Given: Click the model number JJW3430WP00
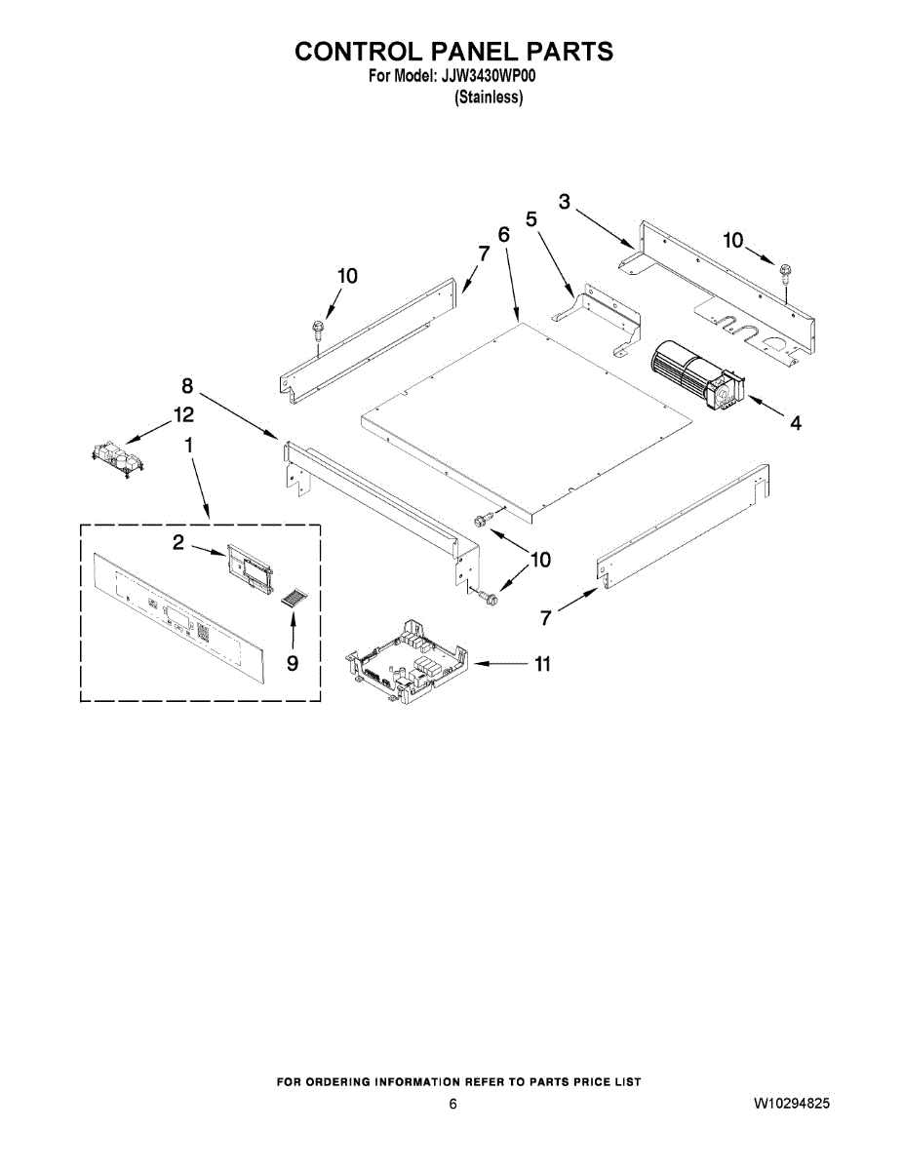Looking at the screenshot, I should [x=484, y=77].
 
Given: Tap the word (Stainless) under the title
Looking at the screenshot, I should [x=489, y=97].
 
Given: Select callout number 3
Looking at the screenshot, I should [x=566, y=201].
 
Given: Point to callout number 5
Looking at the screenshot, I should [x=531, y=219].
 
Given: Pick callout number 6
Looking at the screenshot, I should [x=504, y=235].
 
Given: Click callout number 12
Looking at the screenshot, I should [x=183, y=414].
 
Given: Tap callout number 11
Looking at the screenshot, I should [x=542, y=664].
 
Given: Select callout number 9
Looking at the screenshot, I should [x=293, y=663].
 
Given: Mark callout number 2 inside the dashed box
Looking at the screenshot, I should [x=178, y=543].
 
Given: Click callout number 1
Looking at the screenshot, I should [x=188, y=445].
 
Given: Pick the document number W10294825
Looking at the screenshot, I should [x=792, y=1104].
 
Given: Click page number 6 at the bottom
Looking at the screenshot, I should [x=452, y=1104].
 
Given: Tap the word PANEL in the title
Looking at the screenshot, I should [x=459, y=52].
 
